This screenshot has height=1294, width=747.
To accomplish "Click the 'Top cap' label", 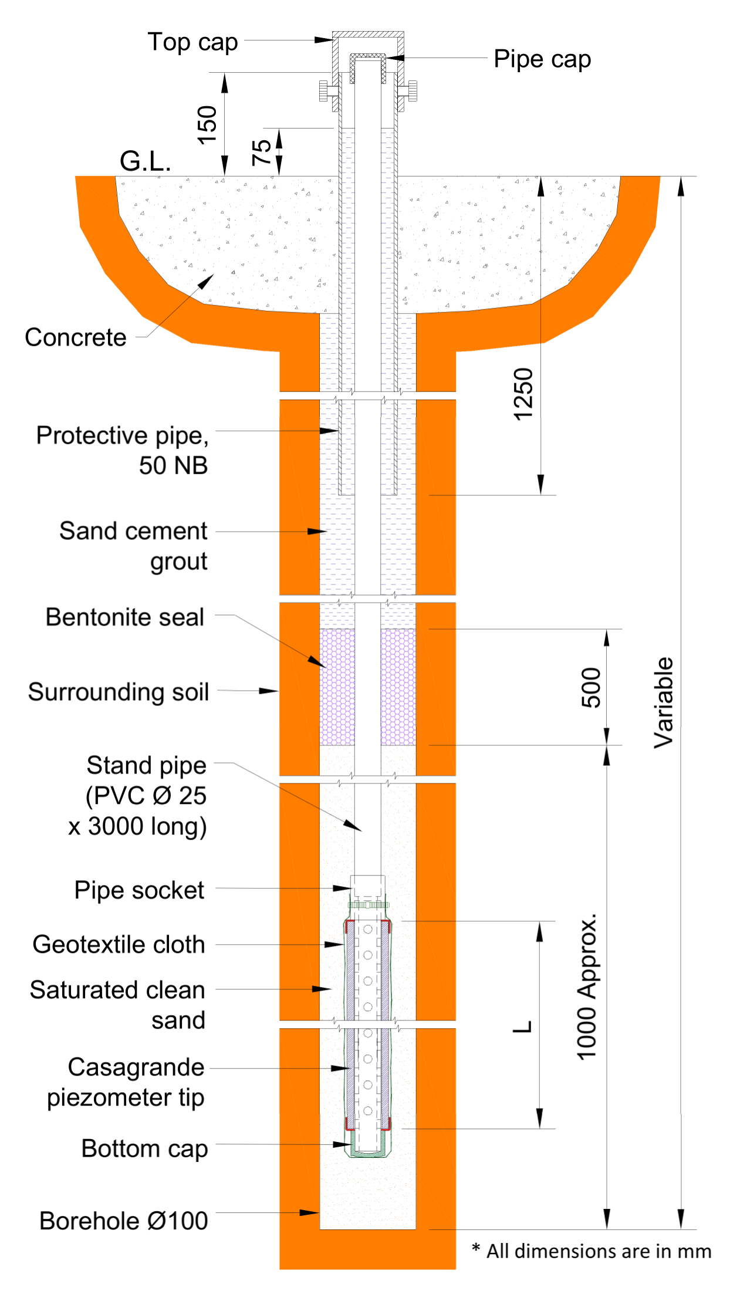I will tap(192, 42).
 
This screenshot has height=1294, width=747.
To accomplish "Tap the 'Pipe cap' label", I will tap(542, 59).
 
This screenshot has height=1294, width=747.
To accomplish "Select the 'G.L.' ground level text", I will tap(145, 161).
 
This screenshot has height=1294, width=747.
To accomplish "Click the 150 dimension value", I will tap(207, 124).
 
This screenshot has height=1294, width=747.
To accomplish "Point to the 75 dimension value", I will tap(262, 153).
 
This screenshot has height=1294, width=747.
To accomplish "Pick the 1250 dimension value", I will tap(523, 394).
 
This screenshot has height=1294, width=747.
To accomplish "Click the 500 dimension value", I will tap(591, 687).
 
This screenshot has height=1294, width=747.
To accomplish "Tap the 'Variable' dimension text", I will tap(664, 702).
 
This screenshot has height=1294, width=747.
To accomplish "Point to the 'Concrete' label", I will tap(76, 338).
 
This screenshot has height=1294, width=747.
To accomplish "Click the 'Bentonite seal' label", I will tap(125, 617).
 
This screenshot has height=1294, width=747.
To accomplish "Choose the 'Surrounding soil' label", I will tap(119, 692).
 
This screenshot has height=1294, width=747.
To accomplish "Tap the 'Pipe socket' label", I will tap(139, 890).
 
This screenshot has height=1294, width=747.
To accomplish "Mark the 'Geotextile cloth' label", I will tap(119, 945).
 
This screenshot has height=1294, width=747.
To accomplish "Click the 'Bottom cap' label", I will tap(144, 1149).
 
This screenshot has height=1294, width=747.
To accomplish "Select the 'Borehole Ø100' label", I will tap(123, 1221).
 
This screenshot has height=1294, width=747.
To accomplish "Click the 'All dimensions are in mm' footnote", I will tap(593, 1251).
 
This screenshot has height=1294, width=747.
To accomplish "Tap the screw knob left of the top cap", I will tap(323, 91).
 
